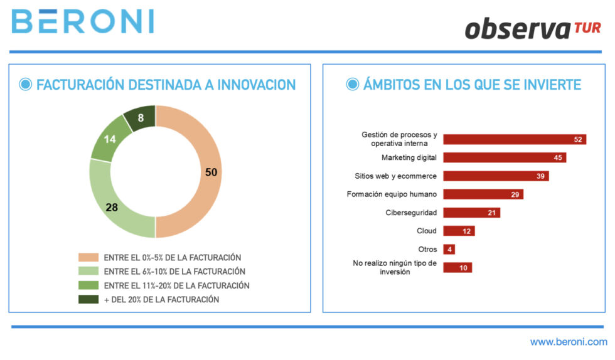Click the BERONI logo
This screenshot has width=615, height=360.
coord(82,21)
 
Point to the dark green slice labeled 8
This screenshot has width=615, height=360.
coord(141,118)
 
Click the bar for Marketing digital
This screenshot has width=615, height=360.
coord(505,157)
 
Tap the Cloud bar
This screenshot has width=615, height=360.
coord(459,231)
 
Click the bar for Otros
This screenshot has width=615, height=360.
coord(449,249)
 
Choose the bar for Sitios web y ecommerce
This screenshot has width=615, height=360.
coord(496,176)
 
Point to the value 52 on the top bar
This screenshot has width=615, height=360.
coord(578,139)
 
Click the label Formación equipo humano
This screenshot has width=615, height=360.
coord(392,194)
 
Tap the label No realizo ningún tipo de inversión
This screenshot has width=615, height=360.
coord(394,267)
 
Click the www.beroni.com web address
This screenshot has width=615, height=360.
coord(569,342)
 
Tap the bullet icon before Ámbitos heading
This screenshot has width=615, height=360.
coord(353,85)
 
